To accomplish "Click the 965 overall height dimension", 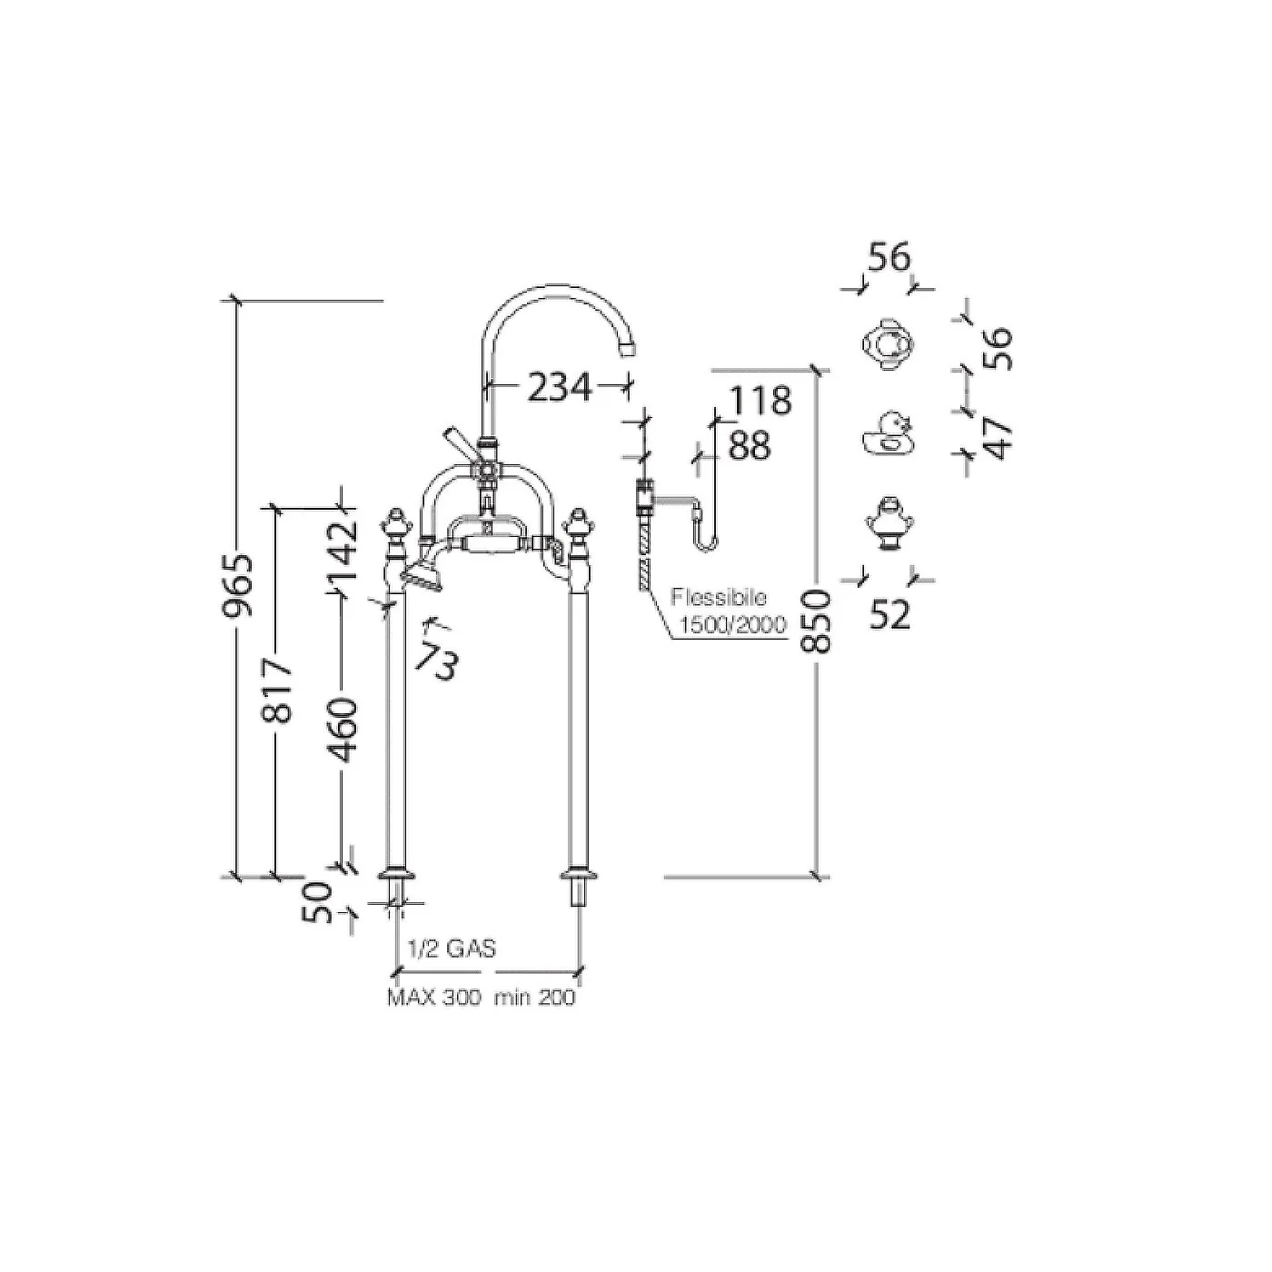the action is pyautogui.click(x=238, y=585).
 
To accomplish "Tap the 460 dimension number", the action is pyautogui.click(x=343, y=730).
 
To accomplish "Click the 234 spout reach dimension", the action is pyautogui.click(x=559, y=388).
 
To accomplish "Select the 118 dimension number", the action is pyautogui.click(x=759, y=400).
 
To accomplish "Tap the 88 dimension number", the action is pyautogui.click(x=750, y=445).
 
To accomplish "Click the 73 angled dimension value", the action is pyautogui.click(x=437, y=661).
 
